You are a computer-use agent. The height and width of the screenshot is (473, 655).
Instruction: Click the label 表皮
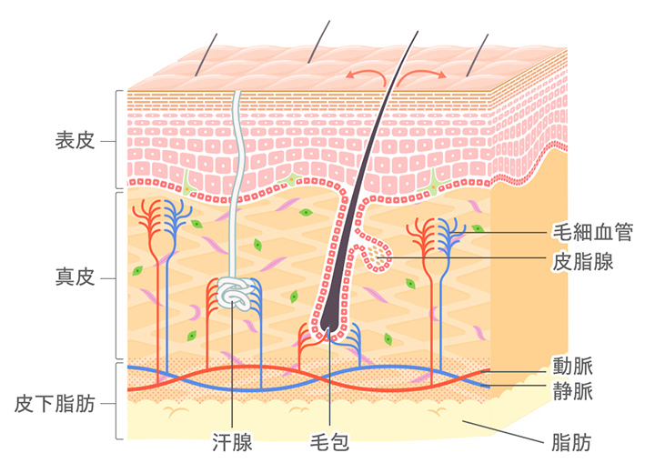(76, 142)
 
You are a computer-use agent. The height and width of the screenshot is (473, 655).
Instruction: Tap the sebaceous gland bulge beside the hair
(378, 257)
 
